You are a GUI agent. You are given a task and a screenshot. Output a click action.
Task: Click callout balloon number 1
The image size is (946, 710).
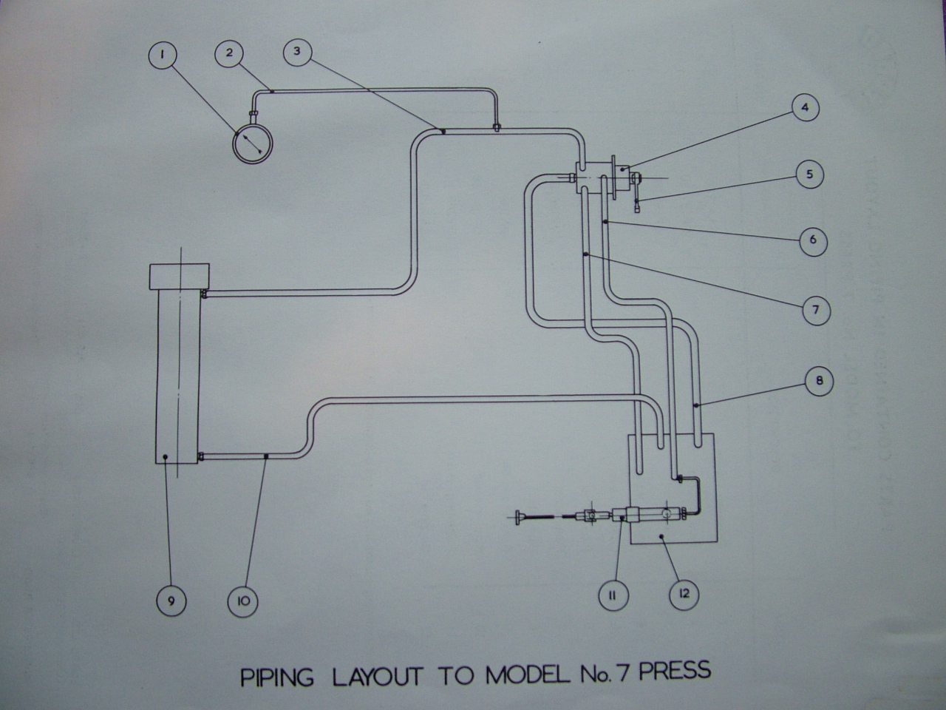[163, 55]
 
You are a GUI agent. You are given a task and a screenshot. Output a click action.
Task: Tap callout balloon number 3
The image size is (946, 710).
[297, 52]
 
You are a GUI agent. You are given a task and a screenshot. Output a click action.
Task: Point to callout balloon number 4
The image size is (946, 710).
[805, 108]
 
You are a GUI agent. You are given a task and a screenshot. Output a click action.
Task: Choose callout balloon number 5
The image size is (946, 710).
[809, 175]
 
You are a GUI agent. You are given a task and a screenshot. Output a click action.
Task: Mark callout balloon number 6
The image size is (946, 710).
[813, 240]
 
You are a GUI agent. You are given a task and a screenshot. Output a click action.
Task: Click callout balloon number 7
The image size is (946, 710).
[816, 309]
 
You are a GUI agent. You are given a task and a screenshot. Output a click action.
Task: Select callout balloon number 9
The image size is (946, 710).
[171, 601]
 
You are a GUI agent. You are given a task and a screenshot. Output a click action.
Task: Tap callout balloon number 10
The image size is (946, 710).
[243, 601]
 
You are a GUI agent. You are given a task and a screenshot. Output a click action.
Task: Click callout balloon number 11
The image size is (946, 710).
[613, 595]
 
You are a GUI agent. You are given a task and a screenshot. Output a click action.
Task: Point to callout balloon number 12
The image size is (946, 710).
[684, 594]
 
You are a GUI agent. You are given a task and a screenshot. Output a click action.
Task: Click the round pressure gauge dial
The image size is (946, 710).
[251, 143]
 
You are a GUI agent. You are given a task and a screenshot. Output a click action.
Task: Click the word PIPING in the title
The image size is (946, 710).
[278, 677]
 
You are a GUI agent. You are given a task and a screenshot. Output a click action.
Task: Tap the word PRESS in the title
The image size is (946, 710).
[675, 672]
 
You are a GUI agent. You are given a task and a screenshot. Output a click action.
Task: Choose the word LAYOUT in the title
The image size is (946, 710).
[377, 676]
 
